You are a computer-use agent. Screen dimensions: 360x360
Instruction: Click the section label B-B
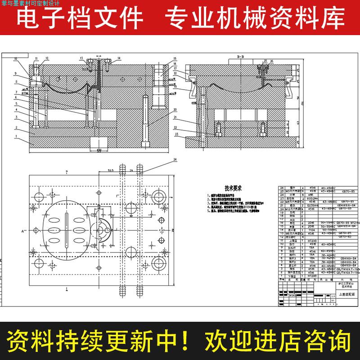[x=239, y=57]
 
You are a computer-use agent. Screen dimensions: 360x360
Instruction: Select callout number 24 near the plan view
[x=175, y=159]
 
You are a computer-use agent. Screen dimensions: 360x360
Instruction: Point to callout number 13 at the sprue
[x=82, y=58]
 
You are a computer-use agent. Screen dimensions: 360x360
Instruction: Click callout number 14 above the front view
[x=119, y=58]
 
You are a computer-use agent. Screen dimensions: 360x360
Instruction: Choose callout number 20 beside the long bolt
[x=175, y=109]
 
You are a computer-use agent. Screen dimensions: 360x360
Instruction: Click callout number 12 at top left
[x=47, y=58]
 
